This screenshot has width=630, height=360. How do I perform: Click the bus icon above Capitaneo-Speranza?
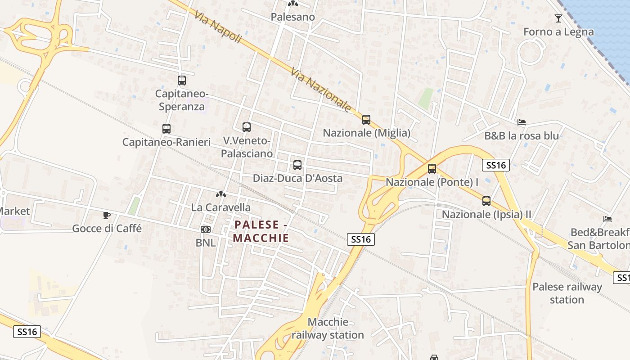(181, 81)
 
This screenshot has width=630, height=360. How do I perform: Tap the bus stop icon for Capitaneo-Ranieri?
(166, 129)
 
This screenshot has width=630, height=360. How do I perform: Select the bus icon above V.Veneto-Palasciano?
(246, 127)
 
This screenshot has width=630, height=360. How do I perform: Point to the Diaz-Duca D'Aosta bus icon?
(297, 165)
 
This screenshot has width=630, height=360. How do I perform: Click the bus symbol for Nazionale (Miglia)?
(366, 120)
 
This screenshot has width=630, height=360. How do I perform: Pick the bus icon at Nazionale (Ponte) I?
(432, 169)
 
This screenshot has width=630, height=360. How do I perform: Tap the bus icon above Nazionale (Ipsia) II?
(486, 201)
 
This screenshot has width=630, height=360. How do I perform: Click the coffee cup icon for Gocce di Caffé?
(107, 216)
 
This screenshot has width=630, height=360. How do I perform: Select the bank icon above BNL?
(206, 229)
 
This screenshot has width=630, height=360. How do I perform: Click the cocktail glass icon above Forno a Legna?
(558, 18)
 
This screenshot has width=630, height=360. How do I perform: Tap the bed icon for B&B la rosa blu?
(522, 122)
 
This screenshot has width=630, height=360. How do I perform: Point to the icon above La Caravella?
(220, 194)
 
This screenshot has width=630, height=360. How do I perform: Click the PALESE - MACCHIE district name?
(261, 231)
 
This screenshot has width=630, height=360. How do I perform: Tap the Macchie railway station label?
(328, 328)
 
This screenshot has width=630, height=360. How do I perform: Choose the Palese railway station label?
(567, 293)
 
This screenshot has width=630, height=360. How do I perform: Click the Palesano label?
(292, 17)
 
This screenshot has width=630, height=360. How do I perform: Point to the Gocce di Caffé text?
(107, 229)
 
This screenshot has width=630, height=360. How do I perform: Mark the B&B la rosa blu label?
(522, 136)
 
